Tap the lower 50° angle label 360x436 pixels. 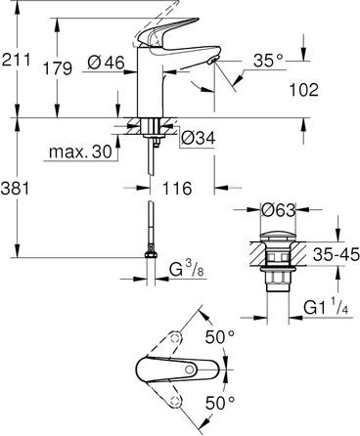(221, 402)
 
